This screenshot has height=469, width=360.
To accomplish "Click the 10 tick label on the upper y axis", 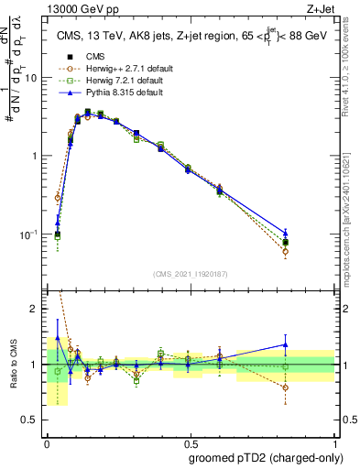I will point(29,78).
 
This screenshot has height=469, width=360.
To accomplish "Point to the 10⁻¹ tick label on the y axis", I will point(29,234).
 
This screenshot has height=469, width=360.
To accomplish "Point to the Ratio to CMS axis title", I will point(16,365).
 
